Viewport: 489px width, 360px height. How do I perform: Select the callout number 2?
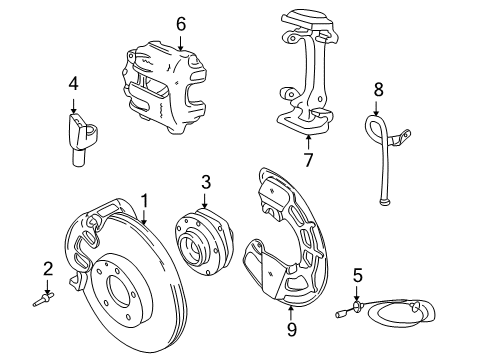(47, 268)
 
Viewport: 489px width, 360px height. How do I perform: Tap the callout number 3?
(205, 182)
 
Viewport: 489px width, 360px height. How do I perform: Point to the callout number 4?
(73, 86)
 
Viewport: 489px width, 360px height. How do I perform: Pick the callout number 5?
(357, 273)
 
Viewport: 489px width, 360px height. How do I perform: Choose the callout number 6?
(180, 23)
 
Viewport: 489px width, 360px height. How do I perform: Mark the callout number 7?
(307, 158)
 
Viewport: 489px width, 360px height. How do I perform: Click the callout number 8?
(378, 90)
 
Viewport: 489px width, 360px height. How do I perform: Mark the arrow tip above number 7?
(307, 138)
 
